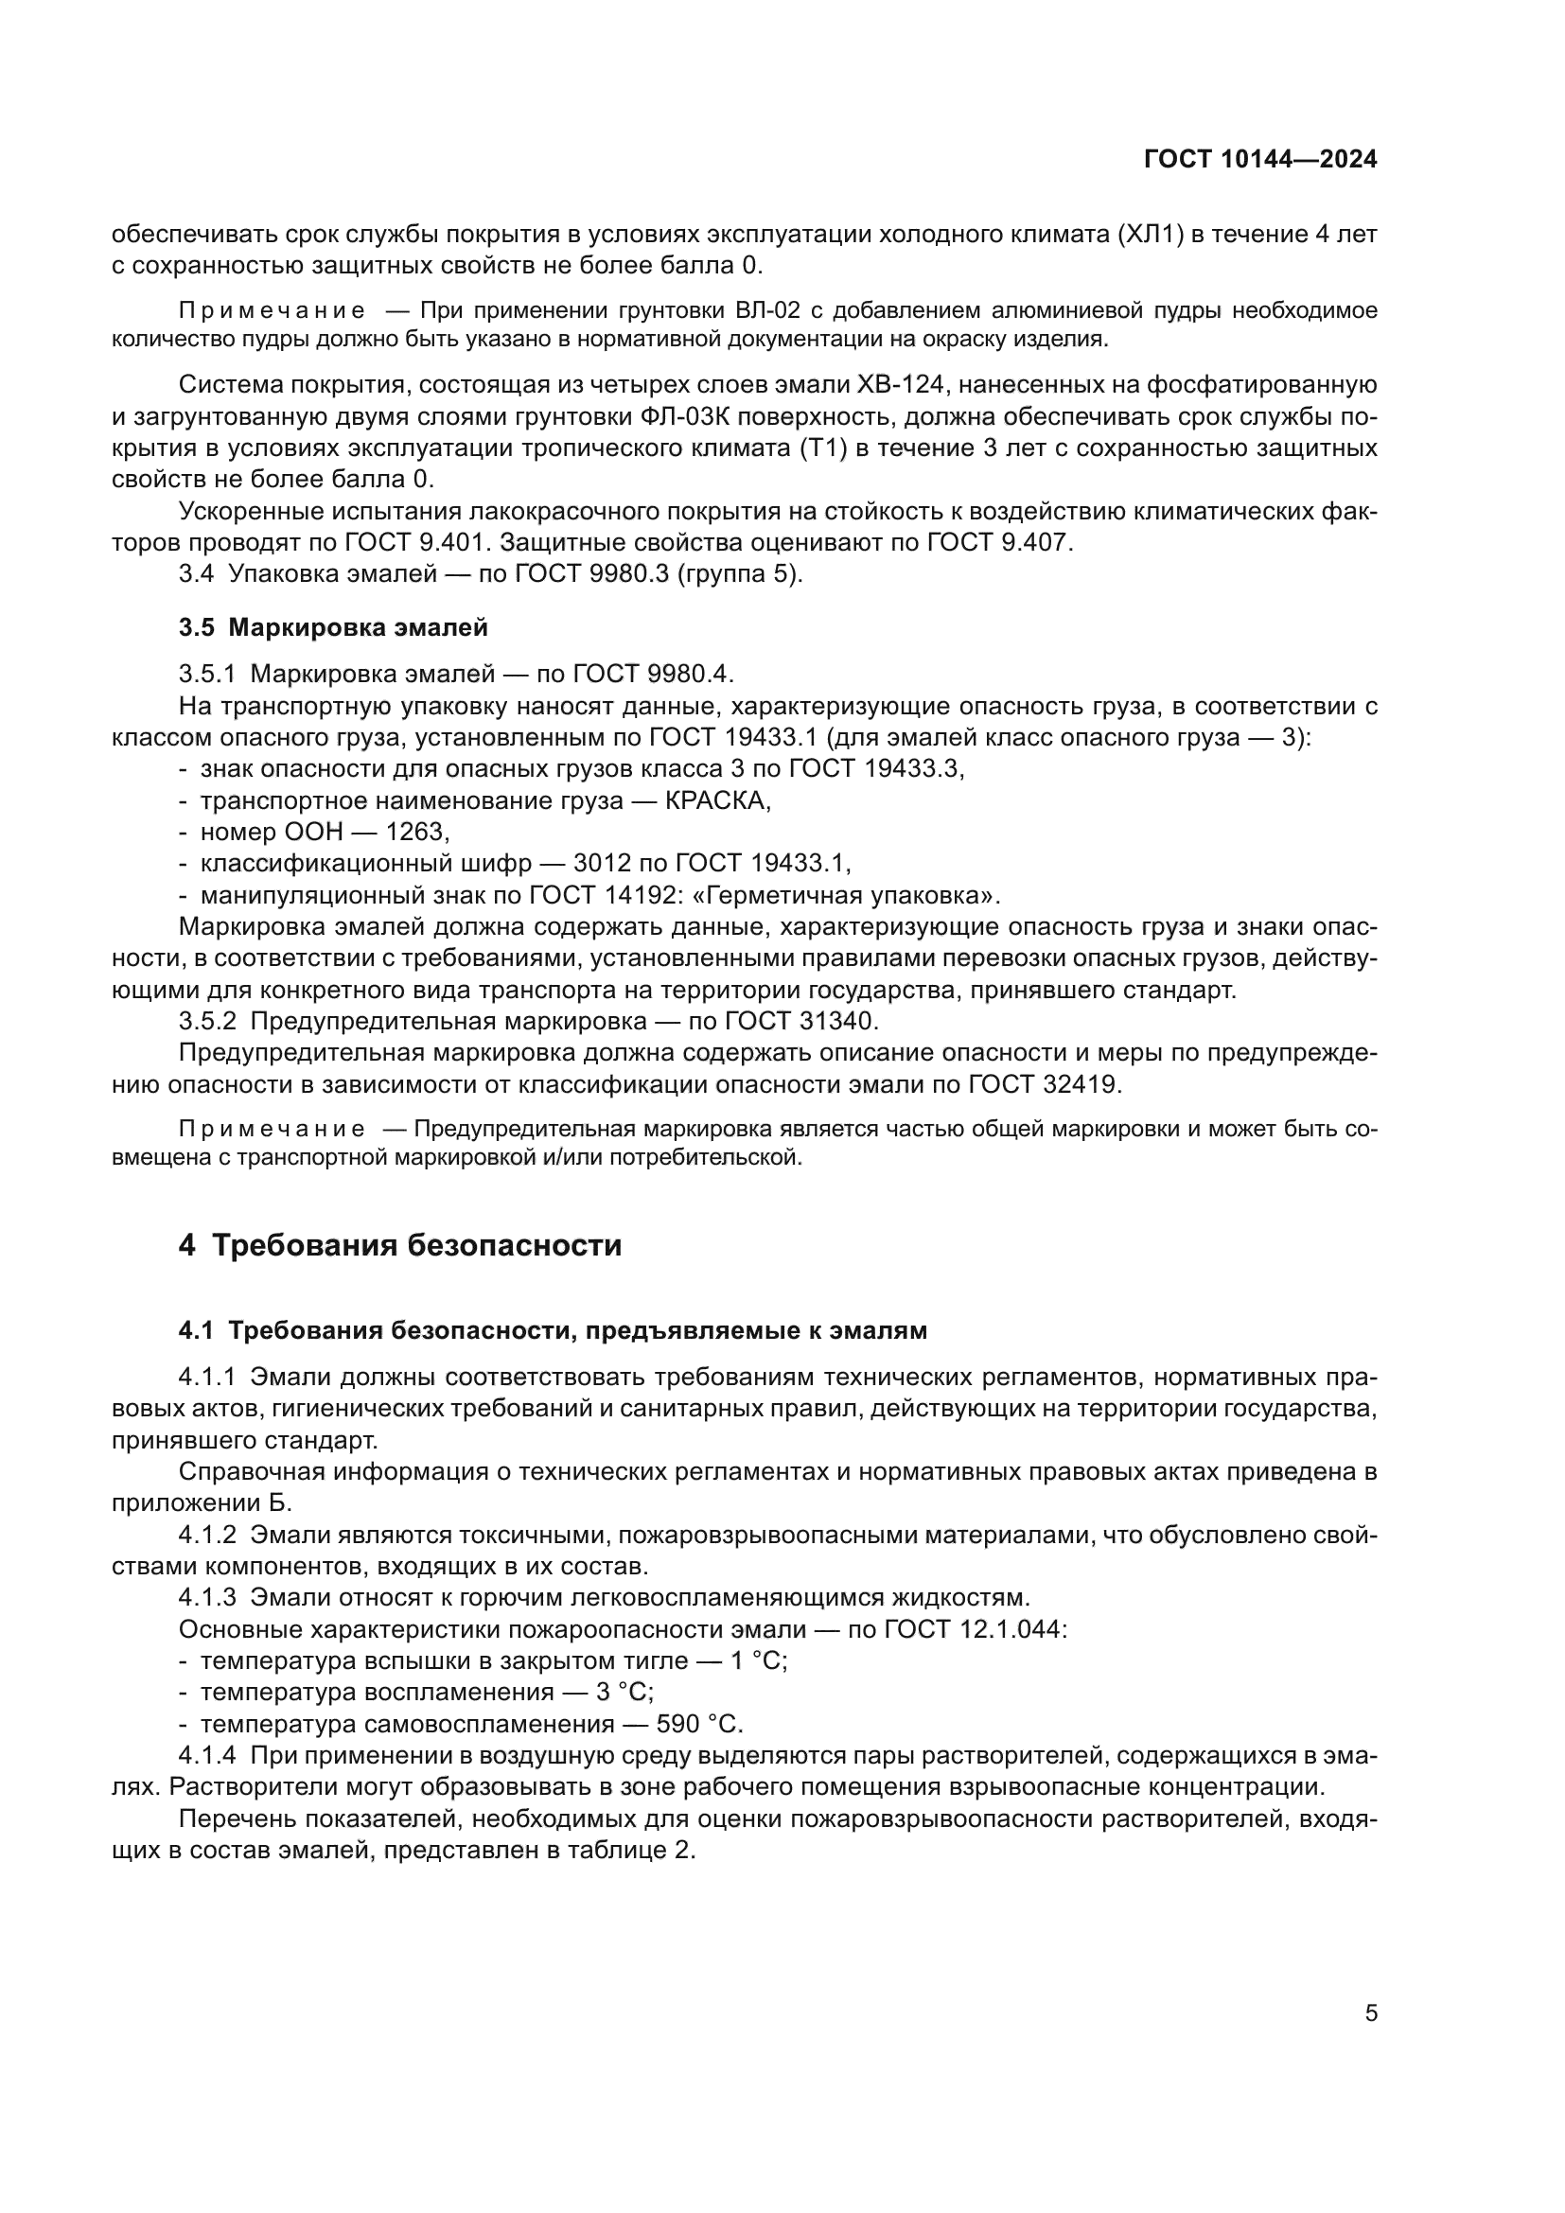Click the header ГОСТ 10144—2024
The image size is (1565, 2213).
pos(1259,160)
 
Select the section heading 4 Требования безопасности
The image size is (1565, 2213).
pos(400,1245)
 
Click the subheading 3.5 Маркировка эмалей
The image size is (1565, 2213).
pos(333,627)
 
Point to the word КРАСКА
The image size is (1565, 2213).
pos(717,800)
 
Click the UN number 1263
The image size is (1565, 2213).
pos(417,831)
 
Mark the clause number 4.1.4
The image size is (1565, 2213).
pos(207,1756)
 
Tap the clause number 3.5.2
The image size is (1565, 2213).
pos(207,1021)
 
